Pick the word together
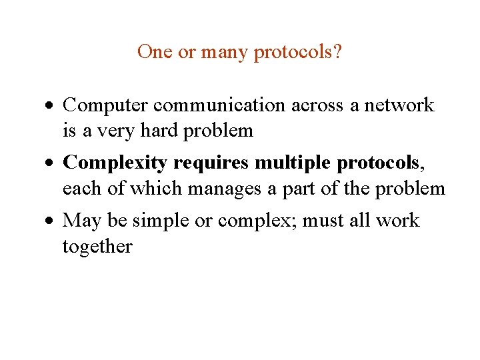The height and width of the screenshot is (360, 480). point(97,247)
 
